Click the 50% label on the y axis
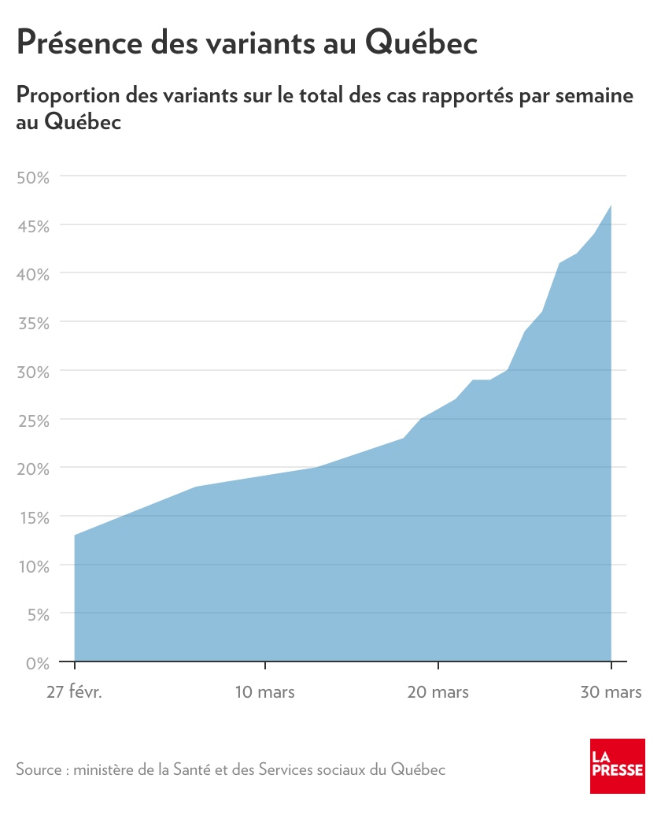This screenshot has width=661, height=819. (33, 176)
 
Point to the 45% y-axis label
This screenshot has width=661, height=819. (33, 225)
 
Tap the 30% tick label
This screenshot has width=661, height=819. (33, 371)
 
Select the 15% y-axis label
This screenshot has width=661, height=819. (33, 517)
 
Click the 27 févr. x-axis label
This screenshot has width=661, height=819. (75, 692)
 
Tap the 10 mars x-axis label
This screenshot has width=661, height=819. (265, 692)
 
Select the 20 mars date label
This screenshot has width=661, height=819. (438, 692)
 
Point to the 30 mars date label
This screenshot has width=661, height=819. (611, 692)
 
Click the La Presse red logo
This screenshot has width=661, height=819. (618, 765)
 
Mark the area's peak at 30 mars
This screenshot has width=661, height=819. (611, 206)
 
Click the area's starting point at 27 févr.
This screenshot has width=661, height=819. (75, 535)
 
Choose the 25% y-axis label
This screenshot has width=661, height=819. (33, 420)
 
